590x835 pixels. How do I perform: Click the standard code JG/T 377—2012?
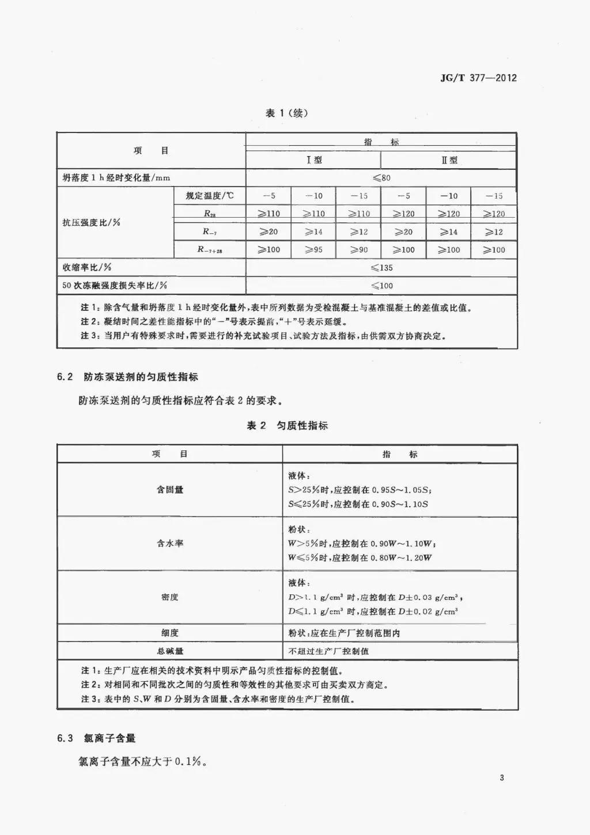[x=478, y=78]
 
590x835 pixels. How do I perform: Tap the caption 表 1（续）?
[x=286, y=113]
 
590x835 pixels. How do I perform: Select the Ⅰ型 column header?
[x=314, y=160]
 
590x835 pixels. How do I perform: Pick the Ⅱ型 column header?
[x=449, y=160]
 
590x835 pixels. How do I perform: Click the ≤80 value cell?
[x=381, y=178]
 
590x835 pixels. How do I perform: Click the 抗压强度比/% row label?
[x=91, y=222]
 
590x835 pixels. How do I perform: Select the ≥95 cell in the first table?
[x=314, y=250]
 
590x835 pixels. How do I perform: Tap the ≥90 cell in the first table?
[x=358, y=250]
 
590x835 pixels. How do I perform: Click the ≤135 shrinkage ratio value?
[x=381, y=268]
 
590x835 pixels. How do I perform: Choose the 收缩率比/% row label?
[x=87, y=268]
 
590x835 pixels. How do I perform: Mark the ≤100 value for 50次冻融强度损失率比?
[x=381, y=286]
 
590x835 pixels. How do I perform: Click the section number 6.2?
[x=65, y=377]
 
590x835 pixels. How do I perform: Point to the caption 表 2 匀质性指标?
[x=287, y=426]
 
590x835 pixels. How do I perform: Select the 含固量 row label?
[x=170, y=489]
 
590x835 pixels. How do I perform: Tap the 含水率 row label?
[x=170, y=543]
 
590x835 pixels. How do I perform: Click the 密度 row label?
[x=170, y=597]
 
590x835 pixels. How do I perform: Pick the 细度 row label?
[x=170, y=633]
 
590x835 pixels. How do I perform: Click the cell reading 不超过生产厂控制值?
[x=328, y=651]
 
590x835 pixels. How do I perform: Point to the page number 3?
[x=502, y=778]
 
